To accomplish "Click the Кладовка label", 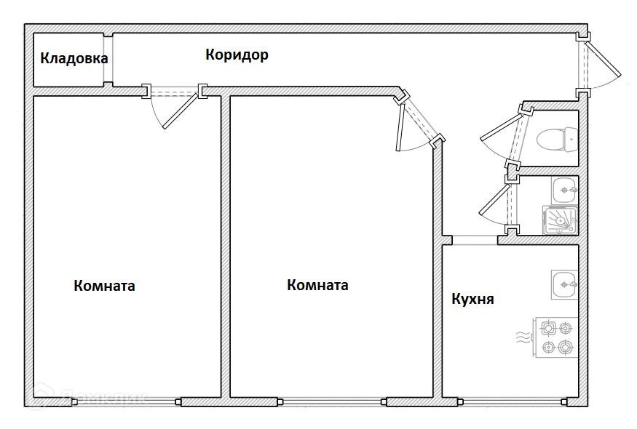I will coord(74,58).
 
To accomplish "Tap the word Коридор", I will coord(237,55).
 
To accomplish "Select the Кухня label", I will coord(472,299).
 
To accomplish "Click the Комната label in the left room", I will coord(104,286).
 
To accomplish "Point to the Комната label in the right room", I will coord(317,285).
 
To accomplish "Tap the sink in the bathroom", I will coord(564,191).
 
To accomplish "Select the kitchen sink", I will coord(564,284).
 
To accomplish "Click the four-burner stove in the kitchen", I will coord(556,337).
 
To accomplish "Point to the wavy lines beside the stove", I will coord(521,337).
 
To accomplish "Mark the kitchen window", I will coord(510,401).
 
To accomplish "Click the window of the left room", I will coord(126,401).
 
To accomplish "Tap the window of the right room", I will coord(333,401).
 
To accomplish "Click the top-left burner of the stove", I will coord(547,327).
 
